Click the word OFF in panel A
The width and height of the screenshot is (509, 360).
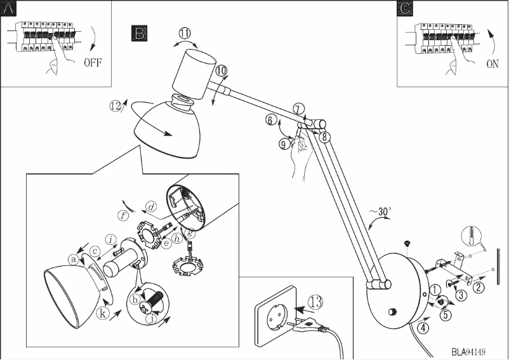(x=93, y=63)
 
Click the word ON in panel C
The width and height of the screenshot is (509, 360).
(x=492, y=64)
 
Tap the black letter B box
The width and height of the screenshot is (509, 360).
(x=140, y=33)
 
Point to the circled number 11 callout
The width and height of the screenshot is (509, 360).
(x=185, y=34)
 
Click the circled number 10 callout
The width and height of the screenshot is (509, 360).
(x=220, y=71)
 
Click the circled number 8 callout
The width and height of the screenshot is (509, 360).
(x=324, y=135)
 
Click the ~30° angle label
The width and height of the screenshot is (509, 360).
(x=380, y=213)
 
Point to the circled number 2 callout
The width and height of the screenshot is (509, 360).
(x=480, y=286)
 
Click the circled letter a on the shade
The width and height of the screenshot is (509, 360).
(x=74, y=259)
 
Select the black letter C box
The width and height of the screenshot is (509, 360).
(x=404, y=8)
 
